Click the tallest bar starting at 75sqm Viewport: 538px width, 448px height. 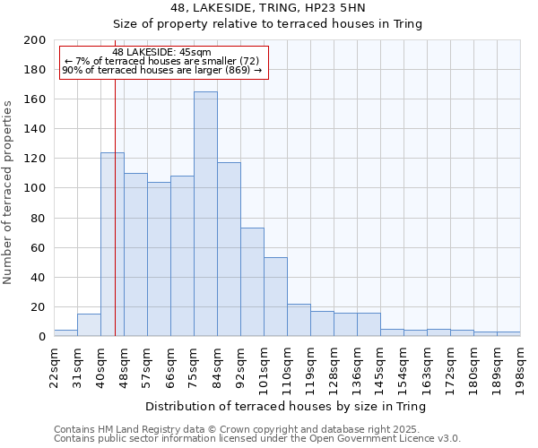tap(205, 214)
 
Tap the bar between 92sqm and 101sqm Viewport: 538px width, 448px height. tap(252, 282)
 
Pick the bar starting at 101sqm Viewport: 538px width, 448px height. tap(275, 297)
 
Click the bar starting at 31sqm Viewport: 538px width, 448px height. tap(89, 325)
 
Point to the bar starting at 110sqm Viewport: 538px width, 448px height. tap(299, 320)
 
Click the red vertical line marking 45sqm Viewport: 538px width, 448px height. tap(116, 224)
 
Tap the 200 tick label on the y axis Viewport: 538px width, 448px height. tap(35, 40)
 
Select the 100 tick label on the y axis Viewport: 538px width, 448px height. tap(35, 188)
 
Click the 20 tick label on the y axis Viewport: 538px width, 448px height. tap(39, 307)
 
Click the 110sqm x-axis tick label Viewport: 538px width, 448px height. tap(287, 368)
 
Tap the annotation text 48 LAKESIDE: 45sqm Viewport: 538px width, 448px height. tap(161, 52)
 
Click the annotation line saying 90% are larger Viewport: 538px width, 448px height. tap(162, 70)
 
